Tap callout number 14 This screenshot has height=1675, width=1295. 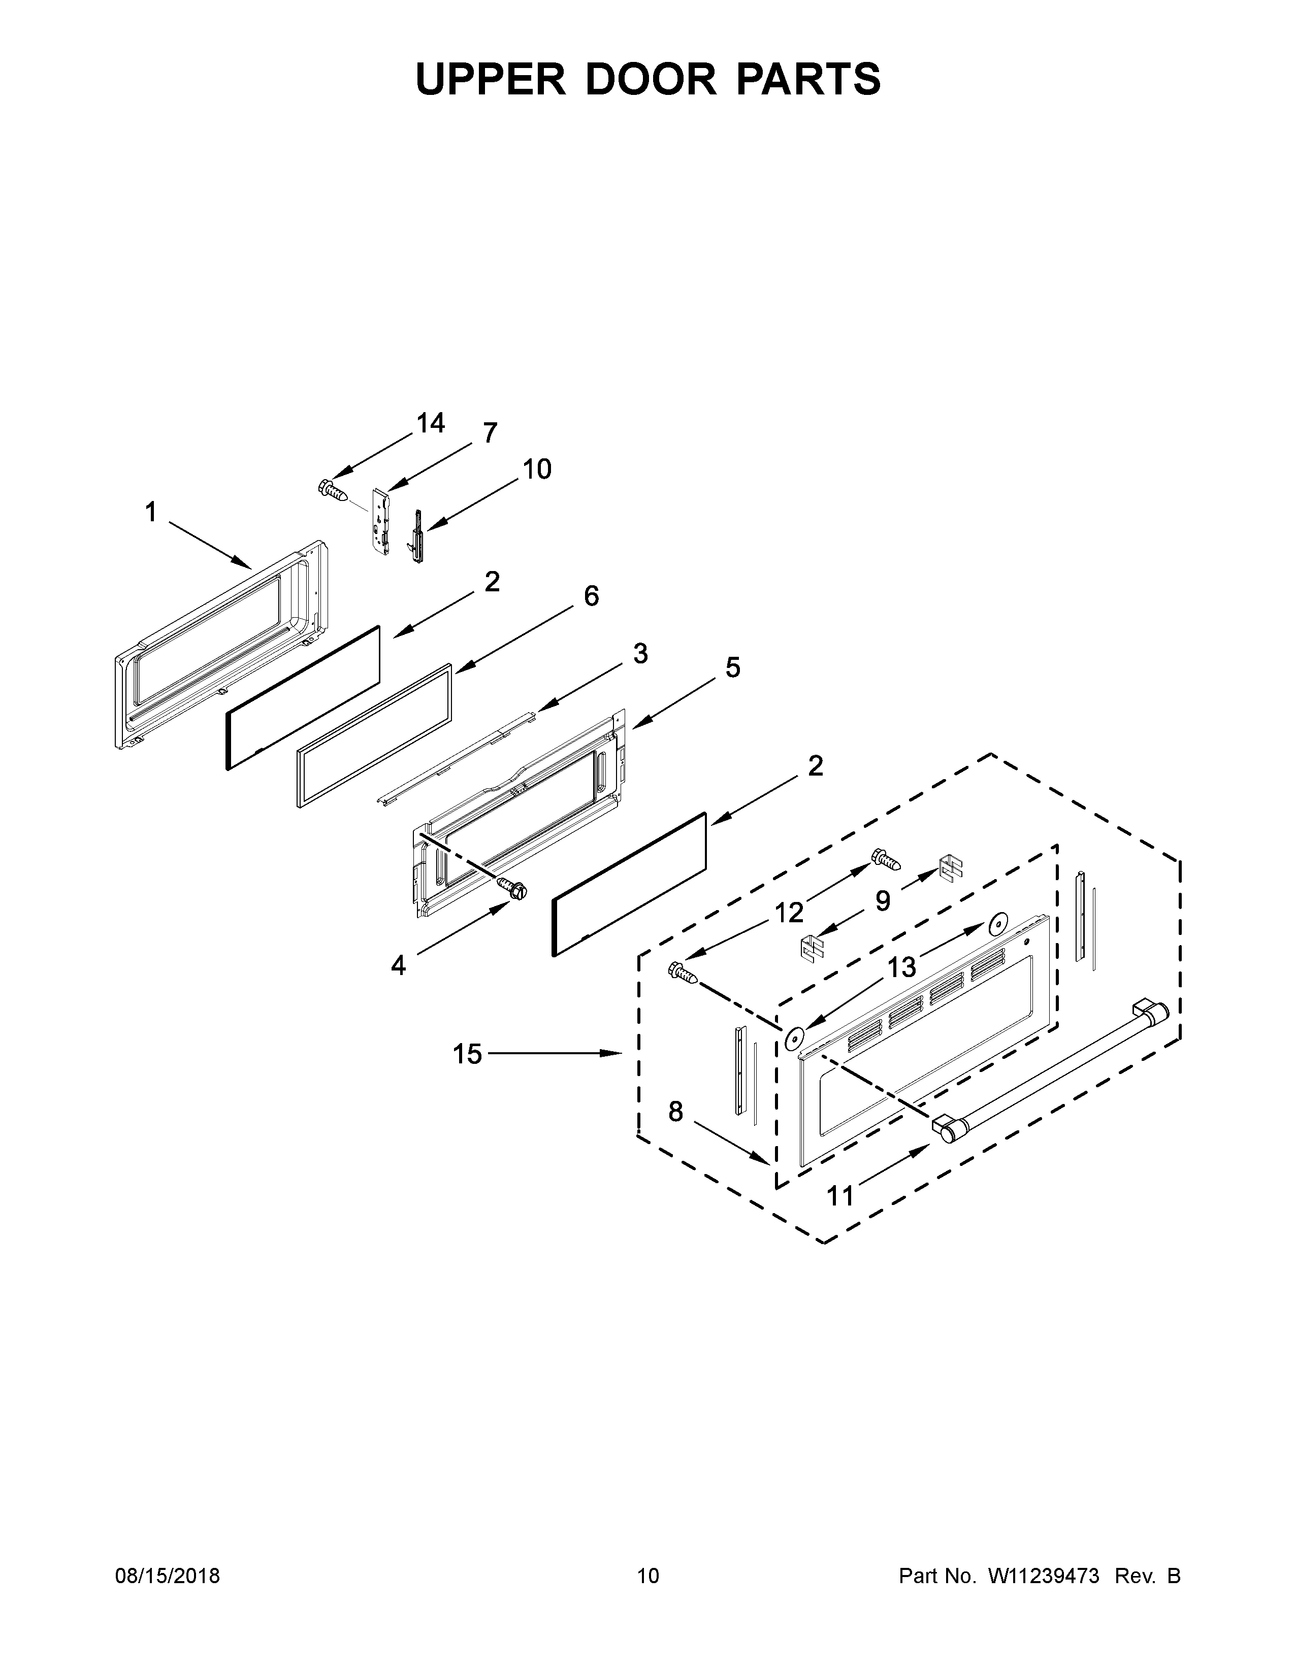pyautogui.click(x=430, y=423)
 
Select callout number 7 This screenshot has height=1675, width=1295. pyautogui.click(x=490, y=433)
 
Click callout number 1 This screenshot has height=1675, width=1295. pyautogui.click(x=151, y=512)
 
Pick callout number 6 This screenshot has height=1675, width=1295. pyautogui.click(x=591, y=596)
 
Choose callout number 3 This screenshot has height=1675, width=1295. pyautogui.click(x=640, y=653)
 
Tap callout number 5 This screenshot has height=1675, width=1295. pyautogui.click(x=733, y=668)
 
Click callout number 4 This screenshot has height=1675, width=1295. pyautogui.click(x=398, y=965)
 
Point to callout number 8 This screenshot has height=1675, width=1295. pyautogui.click(x=675, y=1111)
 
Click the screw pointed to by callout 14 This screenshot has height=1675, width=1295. pyautogui.click(x=331, y=488)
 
